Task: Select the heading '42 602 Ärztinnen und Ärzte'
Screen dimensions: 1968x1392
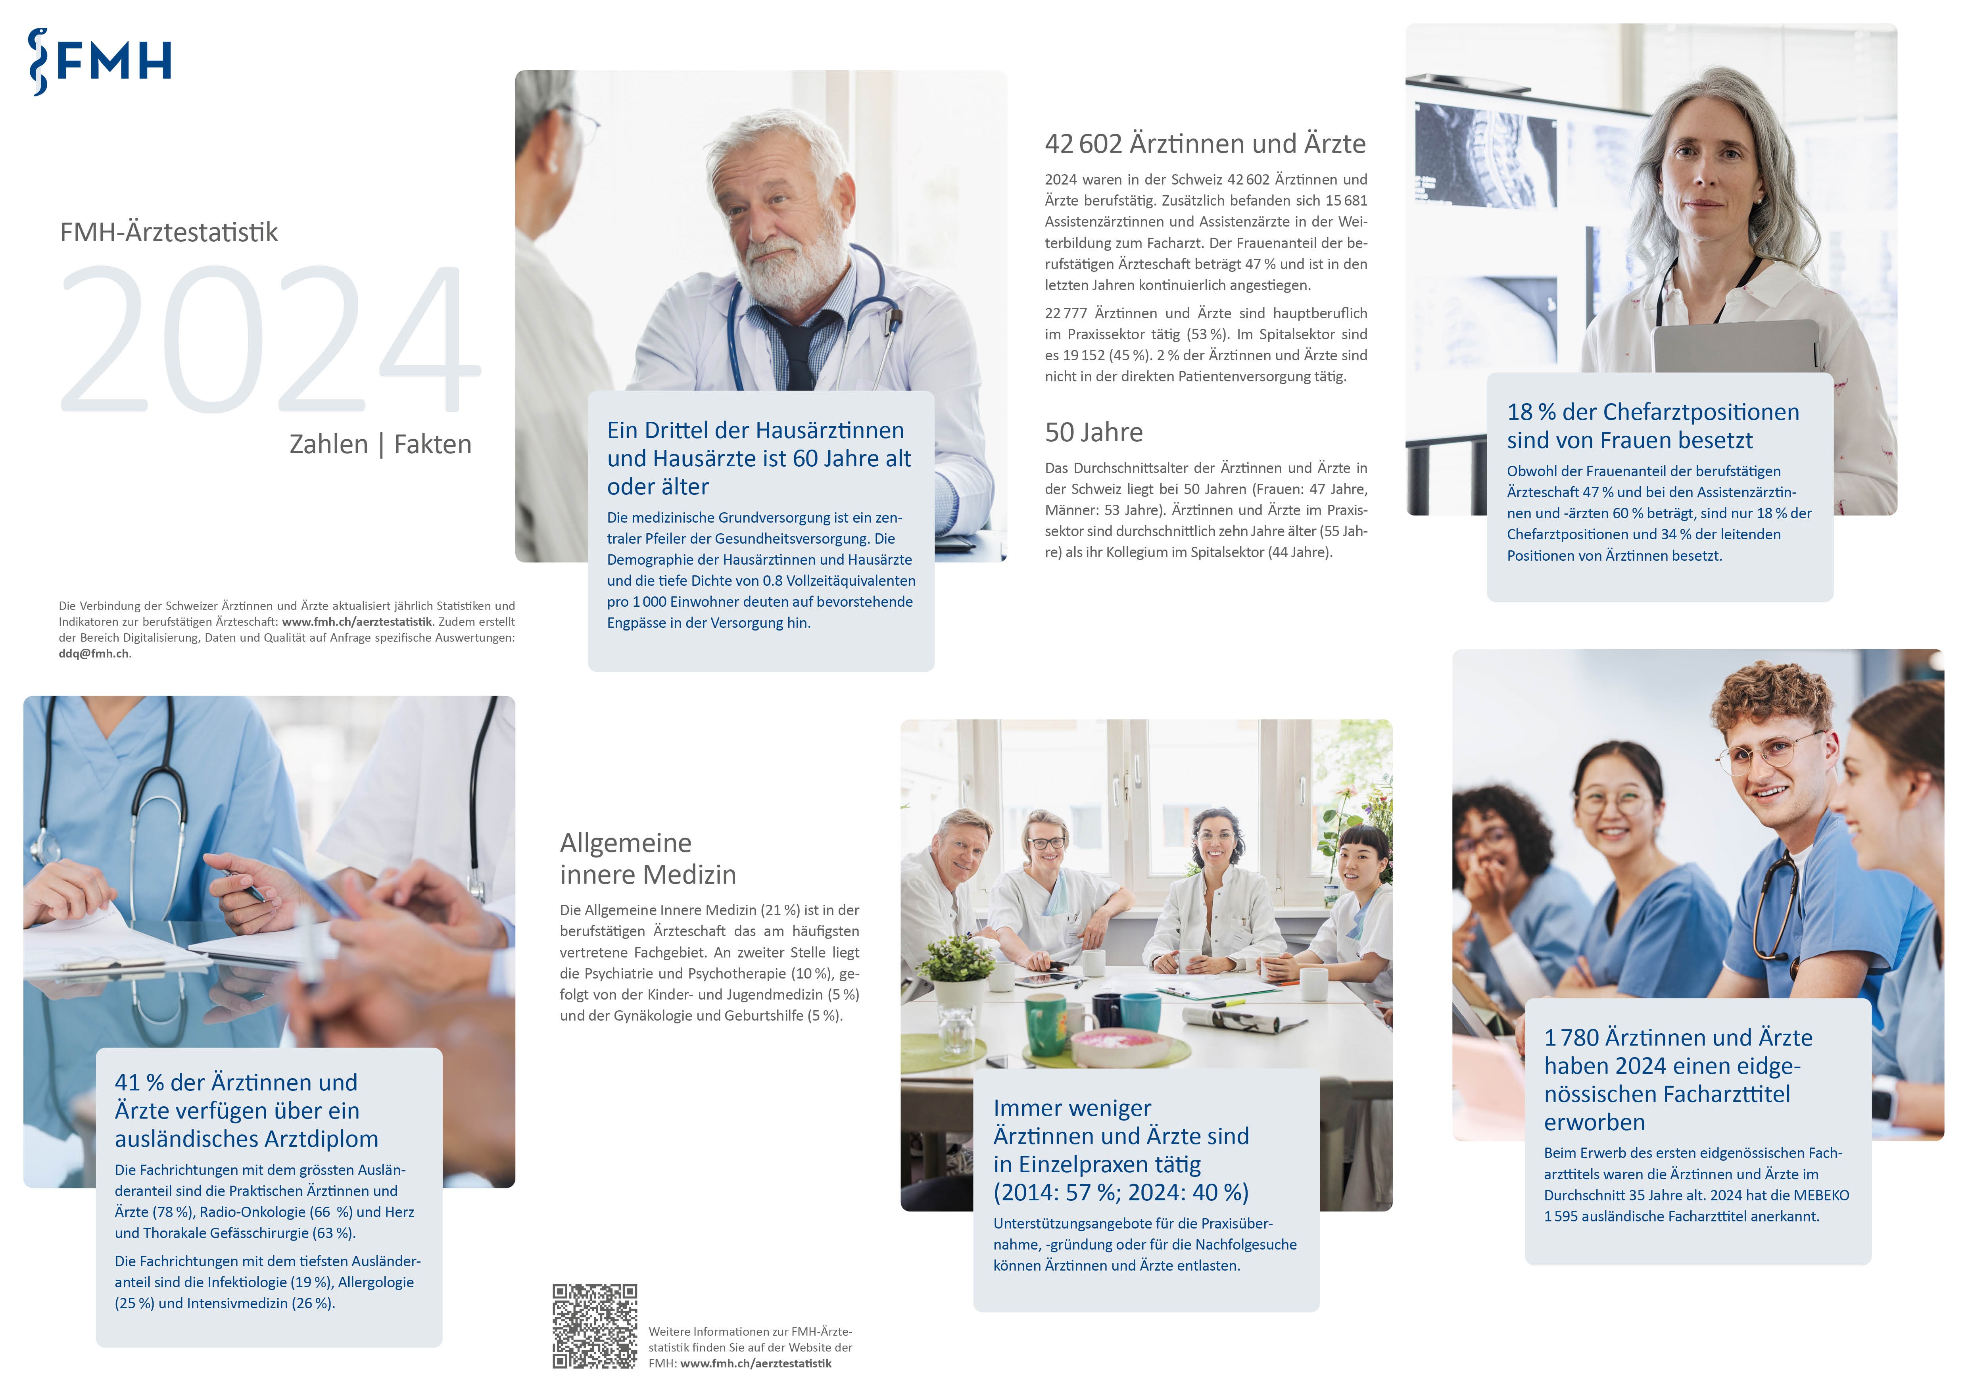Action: (1205, 144)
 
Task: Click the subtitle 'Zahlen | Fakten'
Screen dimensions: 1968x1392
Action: (380, 444)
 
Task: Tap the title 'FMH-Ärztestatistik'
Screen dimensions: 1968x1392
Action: (169, 232)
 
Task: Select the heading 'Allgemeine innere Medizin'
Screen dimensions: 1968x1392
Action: (648, 858)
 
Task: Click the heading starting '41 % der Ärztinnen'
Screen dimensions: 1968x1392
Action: (247, 1111)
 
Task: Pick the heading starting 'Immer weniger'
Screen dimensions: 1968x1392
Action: (1121, 1150)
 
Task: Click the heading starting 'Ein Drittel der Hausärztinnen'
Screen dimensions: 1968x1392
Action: (758, 459)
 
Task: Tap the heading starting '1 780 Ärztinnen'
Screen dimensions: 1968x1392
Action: (1678, 1080)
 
